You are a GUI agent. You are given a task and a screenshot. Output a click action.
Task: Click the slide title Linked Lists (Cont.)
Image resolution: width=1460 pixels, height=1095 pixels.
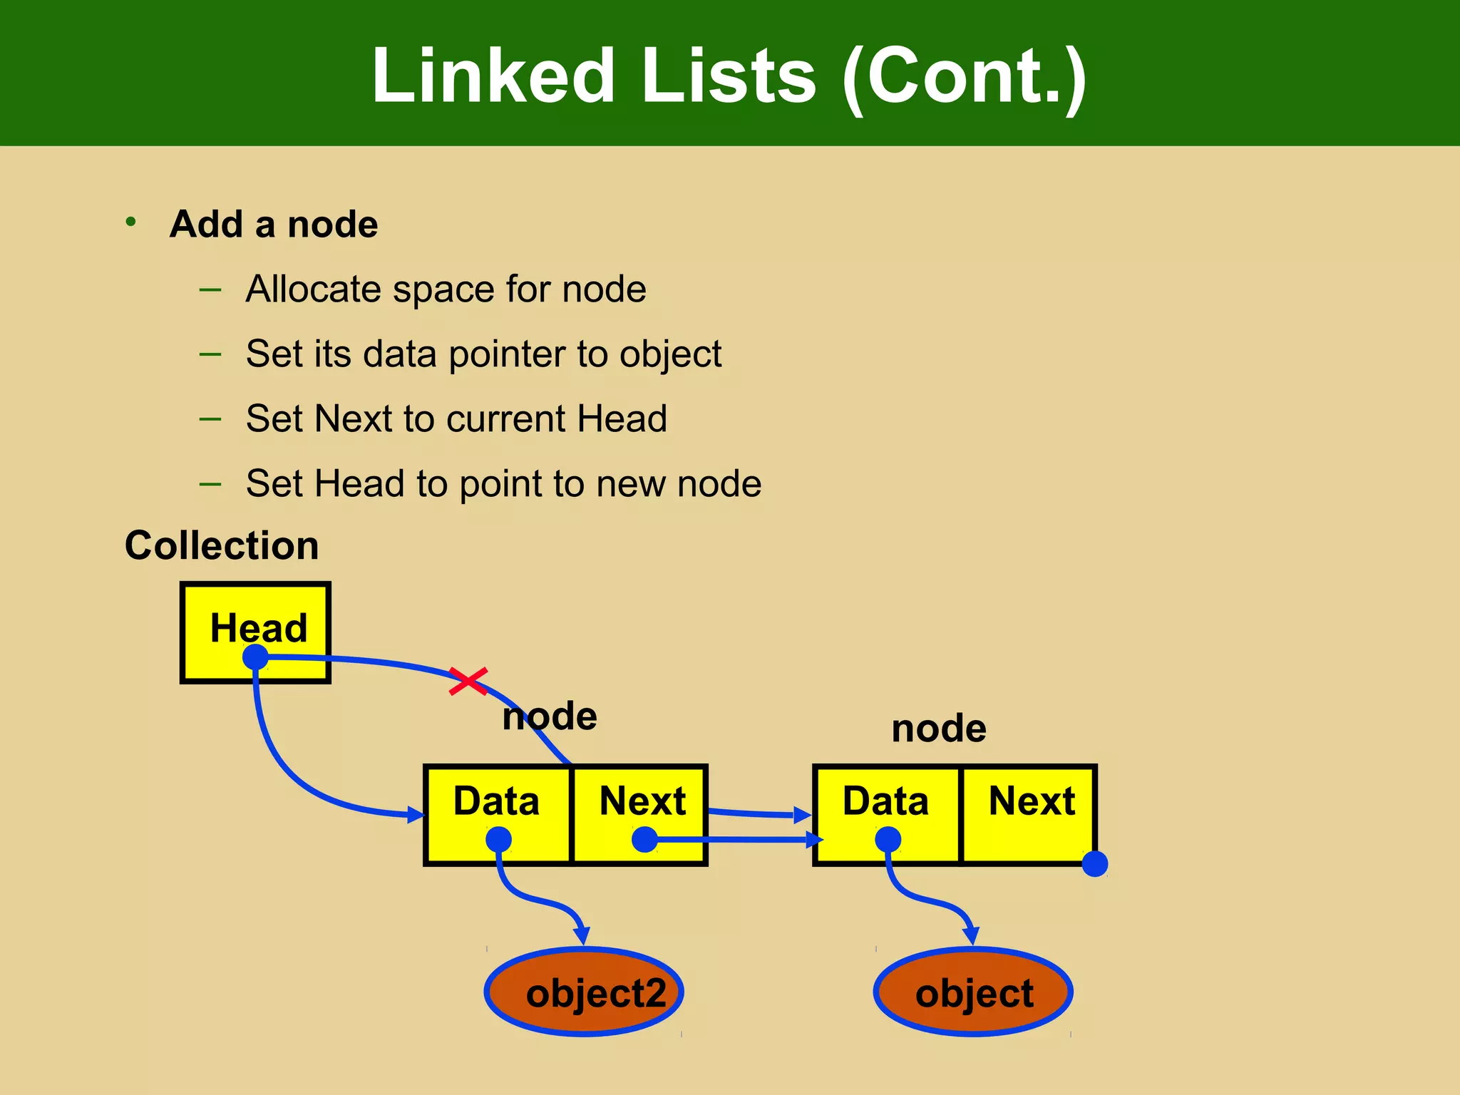729,76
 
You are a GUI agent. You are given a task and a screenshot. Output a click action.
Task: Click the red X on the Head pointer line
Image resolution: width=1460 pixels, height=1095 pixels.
468,681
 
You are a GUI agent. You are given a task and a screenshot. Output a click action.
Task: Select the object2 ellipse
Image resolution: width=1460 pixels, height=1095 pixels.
584,992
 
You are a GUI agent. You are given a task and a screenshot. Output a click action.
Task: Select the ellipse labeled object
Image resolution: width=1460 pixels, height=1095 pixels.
973,992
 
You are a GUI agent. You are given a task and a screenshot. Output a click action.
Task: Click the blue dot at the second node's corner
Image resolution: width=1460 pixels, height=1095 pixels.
1094,863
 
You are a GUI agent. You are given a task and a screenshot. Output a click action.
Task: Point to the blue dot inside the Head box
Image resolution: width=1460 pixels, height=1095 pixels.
255,657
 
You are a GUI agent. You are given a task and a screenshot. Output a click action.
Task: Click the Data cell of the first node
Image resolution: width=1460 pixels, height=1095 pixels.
498,814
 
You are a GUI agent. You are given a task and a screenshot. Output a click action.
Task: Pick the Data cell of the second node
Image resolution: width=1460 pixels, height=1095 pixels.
887,814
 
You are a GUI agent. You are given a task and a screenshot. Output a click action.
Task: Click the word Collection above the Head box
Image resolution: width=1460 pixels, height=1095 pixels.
222,545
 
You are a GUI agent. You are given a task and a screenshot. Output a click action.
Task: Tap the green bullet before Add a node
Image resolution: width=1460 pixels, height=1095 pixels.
130,222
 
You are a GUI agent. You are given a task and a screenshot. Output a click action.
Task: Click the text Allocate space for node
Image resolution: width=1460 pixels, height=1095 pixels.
446,289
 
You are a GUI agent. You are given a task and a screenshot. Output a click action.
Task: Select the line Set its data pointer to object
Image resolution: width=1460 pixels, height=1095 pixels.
483,354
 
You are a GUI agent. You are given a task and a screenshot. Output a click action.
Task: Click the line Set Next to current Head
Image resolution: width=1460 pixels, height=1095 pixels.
456,418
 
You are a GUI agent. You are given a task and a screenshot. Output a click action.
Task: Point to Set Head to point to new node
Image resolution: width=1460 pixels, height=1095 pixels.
503,483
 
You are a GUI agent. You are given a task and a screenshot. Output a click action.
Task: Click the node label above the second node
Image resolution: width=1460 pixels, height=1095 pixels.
939,729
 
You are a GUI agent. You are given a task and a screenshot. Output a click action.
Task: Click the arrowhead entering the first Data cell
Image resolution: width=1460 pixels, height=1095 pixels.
416,814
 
